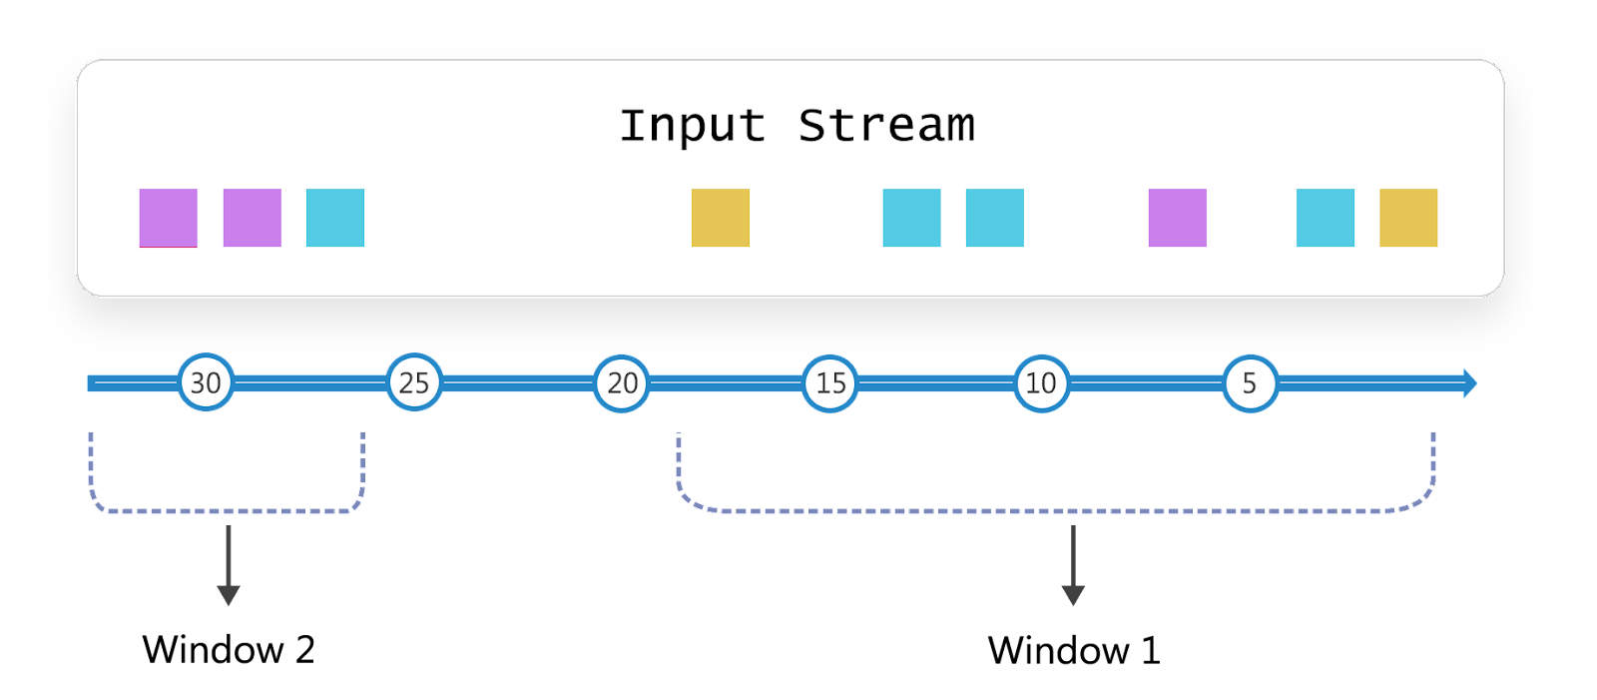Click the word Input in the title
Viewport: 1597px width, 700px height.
(693, 127)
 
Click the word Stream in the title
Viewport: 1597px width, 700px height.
(886, 126)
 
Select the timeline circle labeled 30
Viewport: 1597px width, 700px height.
(206, 382)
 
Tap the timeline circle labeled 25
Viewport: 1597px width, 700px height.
(414, 382)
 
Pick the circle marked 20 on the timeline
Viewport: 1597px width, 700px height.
(622, 383)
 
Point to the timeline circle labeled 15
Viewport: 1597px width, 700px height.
(829, 383)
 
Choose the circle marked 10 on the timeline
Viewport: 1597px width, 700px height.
(1042, 383)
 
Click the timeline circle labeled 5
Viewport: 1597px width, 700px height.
(1251, 383)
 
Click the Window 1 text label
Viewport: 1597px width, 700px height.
(1074, 650)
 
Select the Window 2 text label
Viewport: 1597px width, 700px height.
(229, 649)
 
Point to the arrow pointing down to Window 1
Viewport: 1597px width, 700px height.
(1073, 565)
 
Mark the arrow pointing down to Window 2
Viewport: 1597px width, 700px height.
(229, 565)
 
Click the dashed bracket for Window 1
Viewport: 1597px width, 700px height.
(1055, 511)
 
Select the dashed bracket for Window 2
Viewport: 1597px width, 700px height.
(227, 511)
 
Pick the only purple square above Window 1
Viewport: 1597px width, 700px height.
(1178, 218)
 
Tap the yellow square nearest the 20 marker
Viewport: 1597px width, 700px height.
(721, 218)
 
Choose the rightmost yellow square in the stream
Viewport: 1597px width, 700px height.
(1408, 218)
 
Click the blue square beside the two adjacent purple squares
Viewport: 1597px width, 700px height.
(335, 218)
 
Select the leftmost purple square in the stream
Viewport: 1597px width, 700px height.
(169, 218)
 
